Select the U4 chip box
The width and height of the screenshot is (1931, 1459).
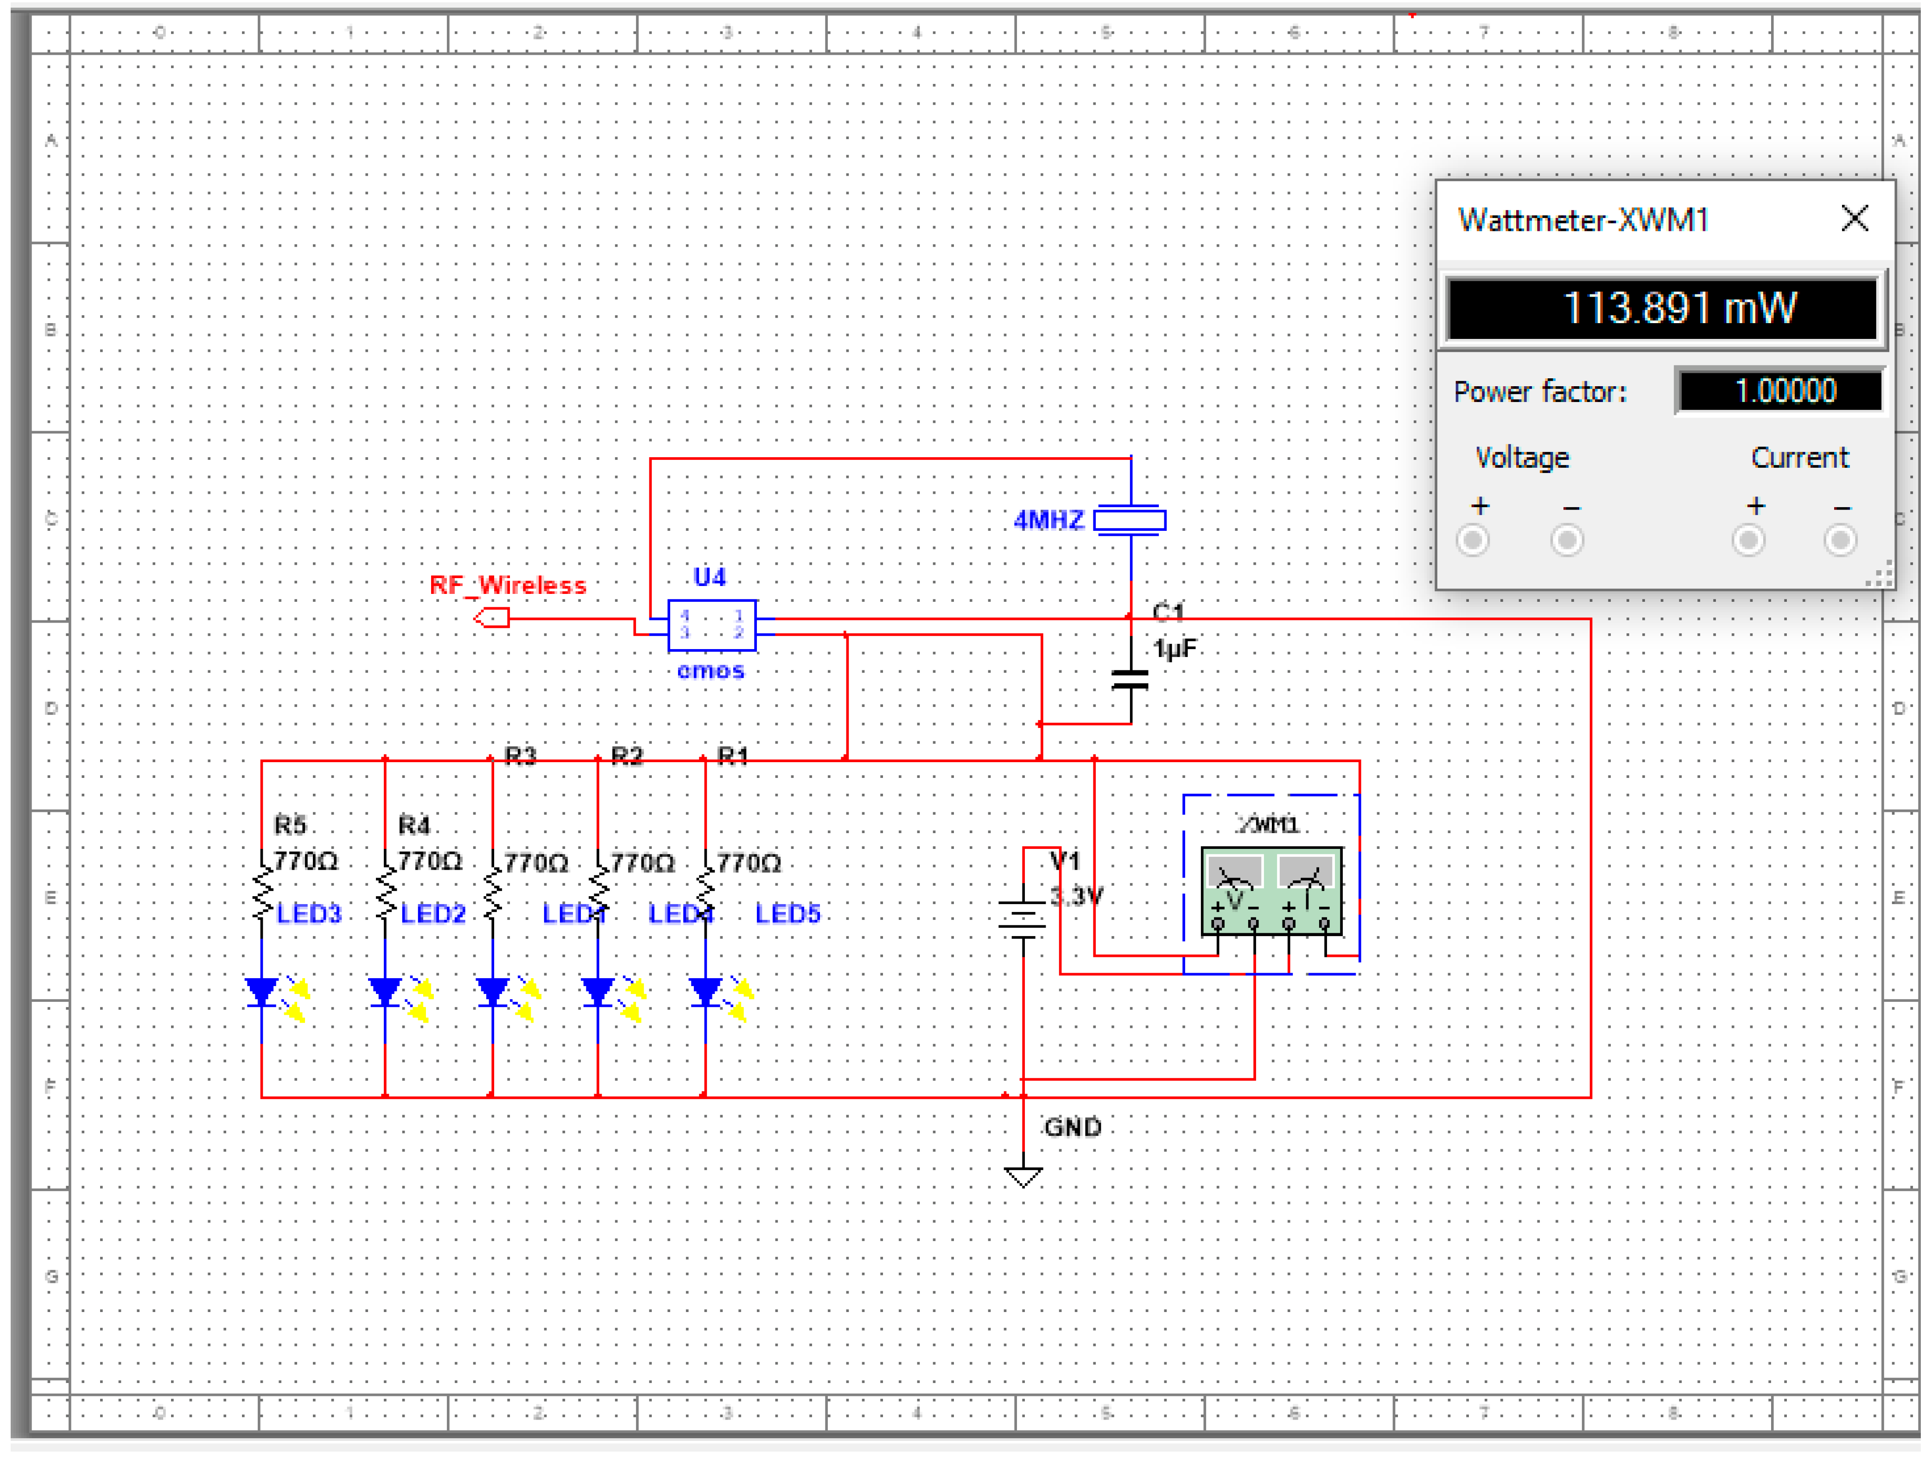point(711,625)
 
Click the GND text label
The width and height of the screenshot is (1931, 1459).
point(1073,1127)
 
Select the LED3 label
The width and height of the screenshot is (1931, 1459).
point(309,914)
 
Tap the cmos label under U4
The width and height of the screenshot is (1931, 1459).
point(711,670)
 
